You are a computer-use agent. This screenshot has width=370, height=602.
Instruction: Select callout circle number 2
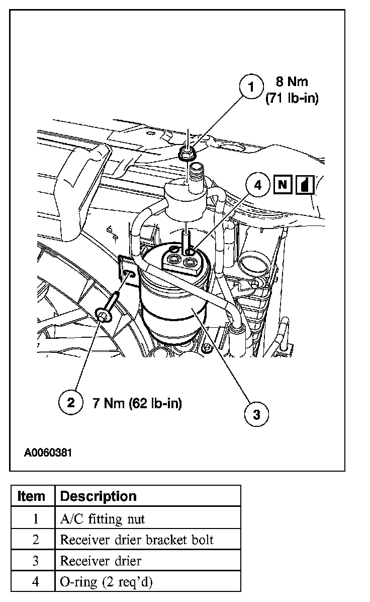tap(71, 402)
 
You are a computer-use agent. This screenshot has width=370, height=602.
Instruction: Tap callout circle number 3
tap(256, 414)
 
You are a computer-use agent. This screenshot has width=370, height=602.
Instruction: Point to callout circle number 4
tap(258, 185)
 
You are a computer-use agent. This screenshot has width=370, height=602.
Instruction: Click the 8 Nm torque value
tap(292, 81)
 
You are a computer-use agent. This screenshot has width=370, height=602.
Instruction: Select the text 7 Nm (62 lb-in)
tap(137, 403)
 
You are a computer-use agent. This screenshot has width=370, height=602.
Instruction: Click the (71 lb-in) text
tap(292, 99)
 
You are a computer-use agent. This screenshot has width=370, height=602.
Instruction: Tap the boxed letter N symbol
tap(283, 185)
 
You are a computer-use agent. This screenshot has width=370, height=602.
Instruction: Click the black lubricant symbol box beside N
tap(305, 185)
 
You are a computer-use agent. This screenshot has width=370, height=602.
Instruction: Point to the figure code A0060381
tap(48, 452)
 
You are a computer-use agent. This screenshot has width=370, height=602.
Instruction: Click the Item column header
tap(31, 496)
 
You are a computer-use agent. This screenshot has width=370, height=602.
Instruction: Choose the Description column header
tap(98, 496)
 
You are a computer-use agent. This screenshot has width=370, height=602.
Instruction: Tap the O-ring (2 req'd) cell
tap(106, 582)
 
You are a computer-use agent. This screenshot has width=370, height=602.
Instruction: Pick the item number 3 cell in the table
tap(35, 561)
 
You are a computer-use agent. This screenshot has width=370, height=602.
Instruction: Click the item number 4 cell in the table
tap(35, 582)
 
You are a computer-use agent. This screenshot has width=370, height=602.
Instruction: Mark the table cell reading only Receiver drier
tap(101, 561)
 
